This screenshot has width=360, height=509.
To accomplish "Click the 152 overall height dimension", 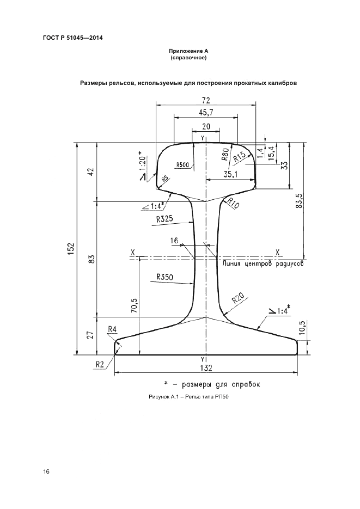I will pyautogui.click(x=71, y=248).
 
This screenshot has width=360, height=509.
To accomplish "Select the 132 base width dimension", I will pyautogui.click(x=205, y=368).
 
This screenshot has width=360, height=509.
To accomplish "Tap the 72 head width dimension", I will pyautogui.click(x=205, y=100).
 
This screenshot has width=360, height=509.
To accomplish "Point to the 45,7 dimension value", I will pyautogui.click(x=205, y=113).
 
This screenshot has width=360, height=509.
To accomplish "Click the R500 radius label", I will pyautogui.click(x=182, y=164).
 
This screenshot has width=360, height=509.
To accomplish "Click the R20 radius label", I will pyautogui.click(x=237, y=299).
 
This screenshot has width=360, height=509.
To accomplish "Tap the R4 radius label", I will pyautogui.click(x=113, y=329).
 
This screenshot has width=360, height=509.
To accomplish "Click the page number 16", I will pyautogui.click(x=46, y=471).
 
